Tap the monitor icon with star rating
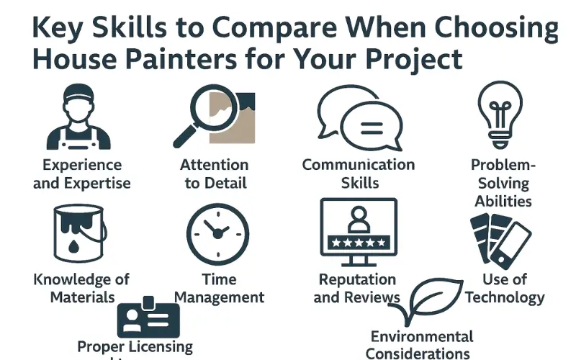click(358, 229)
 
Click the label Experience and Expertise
click(81, 174)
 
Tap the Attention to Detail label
click(214, 174)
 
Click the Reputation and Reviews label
click(358, 288)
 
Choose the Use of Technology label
click(505, 287)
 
